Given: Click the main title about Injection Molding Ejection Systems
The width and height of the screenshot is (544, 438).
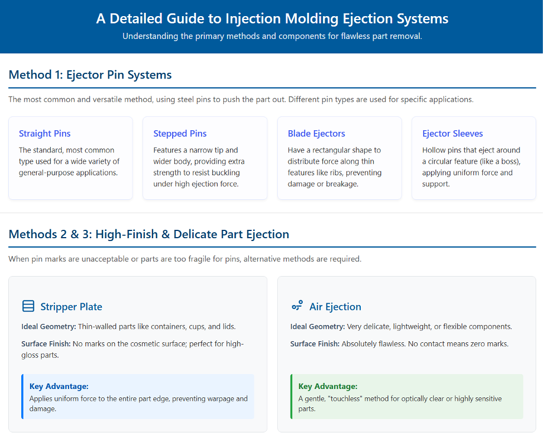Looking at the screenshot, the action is point(272,19).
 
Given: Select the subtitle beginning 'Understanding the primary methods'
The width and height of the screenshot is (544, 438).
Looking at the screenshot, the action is point(272,36).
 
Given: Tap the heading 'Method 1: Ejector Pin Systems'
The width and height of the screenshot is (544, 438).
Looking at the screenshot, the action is point(90,75).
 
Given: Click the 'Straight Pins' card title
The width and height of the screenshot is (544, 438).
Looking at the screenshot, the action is point(45,134).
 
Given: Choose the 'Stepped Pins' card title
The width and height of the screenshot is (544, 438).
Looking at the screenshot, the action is point(180,134).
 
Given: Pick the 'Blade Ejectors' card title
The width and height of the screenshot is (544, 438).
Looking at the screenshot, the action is point(316,134).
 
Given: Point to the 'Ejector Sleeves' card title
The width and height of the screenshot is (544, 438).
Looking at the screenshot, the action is point(453,134).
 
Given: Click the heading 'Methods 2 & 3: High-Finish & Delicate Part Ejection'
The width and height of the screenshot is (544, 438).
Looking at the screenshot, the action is point(149,234).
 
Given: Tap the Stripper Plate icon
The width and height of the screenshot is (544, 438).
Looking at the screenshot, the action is point(28,306).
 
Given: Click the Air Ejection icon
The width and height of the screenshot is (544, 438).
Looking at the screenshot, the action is point(297,306).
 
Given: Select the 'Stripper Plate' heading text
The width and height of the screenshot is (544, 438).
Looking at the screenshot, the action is point(71,307).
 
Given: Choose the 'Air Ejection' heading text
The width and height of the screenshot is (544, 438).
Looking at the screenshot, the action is point(335,307).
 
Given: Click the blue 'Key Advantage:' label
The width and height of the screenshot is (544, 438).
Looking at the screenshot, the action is point(59,386).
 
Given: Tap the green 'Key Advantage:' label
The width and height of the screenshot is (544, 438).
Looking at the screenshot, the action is point(328,386).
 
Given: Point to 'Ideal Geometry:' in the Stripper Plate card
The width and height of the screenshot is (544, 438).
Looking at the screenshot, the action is point(48,327).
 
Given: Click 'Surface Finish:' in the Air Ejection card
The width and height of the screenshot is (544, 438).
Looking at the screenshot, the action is point(315,344).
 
